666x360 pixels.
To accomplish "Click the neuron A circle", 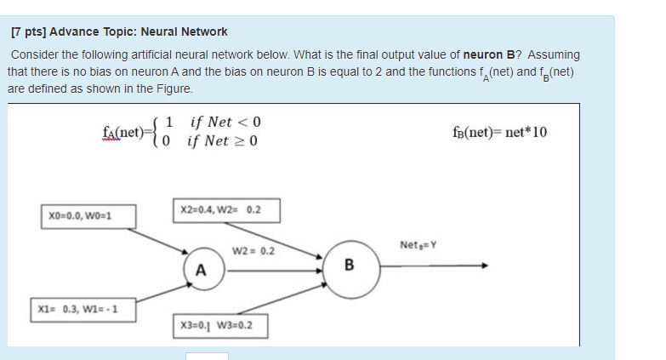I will pos(201,270).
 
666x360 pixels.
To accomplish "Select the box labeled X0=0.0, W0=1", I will pos(79,214).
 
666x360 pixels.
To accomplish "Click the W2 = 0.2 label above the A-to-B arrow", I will pos(253,251).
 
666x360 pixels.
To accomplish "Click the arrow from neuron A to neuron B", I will pos(272,271).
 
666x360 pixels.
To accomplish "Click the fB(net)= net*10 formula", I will pos(502,133).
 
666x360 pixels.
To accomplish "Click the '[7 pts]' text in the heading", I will pos(29,31).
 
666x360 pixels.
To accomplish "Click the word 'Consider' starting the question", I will pos(34,54).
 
